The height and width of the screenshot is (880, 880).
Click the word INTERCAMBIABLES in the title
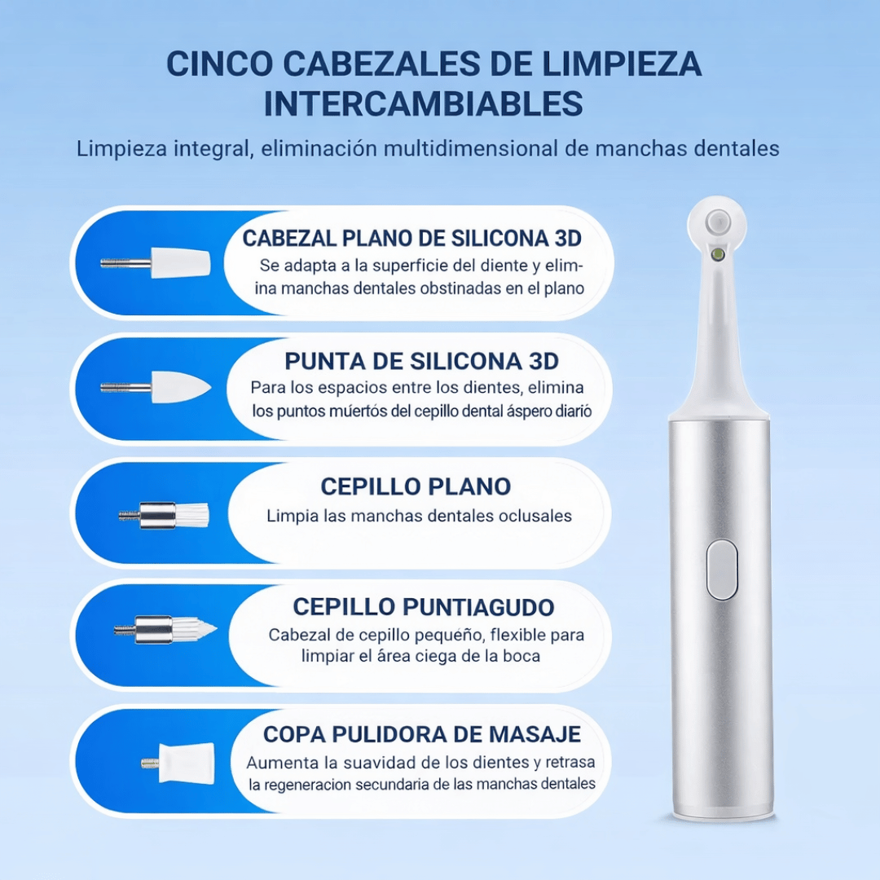[x=423, y=104]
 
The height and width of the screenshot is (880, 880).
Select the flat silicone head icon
[x=156, y=263]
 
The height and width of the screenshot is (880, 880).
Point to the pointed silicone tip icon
[x=156, y=387]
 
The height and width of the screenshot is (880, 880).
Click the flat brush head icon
[x=165, y=514]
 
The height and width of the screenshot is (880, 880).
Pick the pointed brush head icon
[x=166, y=629]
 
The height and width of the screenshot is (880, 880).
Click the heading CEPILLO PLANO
[x=416, y=486]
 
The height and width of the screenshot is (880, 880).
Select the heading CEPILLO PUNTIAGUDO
[x=424, y=607]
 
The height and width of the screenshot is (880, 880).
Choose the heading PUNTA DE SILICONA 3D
[x=422, y=361]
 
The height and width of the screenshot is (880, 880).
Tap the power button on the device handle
[x=721, y=570]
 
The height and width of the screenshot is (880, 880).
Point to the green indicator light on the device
[x=718, y=254]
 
